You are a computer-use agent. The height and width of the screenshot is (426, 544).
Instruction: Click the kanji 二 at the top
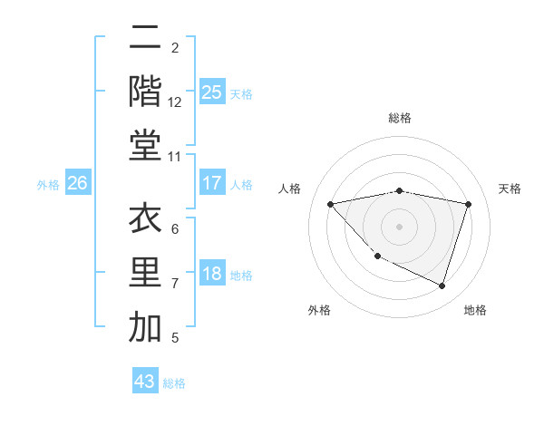[x=145, y=39]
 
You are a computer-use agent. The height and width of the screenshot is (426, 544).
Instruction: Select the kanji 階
[x=145, y=91]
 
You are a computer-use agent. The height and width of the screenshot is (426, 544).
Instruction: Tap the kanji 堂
[x=145, y=144]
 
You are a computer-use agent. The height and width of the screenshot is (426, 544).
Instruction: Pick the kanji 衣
[x=145, y=220]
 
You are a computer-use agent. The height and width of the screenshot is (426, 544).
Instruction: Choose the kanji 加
[x=145, y=326]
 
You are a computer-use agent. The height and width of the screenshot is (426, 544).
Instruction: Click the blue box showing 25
[x=212, y=92]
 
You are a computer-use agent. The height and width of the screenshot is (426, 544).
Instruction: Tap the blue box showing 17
[x=212, y=183]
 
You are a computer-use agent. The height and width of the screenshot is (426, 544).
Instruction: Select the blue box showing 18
[x=212, y=275]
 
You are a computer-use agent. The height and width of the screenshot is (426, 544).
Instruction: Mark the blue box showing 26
[x=78, y=183]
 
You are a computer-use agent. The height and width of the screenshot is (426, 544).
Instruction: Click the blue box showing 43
[x=145, y=382]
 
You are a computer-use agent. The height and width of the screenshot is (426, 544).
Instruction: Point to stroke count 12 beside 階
[x=175, y=102]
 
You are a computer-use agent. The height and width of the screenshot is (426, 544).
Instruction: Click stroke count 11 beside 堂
[x=175, y=157]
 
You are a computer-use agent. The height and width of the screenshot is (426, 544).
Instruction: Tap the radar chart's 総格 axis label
[x=400, y=118]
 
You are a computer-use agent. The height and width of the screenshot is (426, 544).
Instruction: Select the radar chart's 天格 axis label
[x=510, y=189]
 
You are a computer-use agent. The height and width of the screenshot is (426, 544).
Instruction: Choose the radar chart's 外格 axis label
[x=319, y=310]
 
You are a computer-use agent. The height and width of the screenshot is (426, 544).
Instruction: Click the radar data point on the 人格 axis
[x=330, y=204]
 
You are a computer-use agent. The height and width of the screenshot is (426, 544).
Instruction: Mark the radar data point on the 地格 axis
[x=442, y=286]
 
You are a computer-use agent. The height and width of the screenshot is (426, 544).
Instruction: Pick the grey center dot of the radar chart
[x=399, y=226]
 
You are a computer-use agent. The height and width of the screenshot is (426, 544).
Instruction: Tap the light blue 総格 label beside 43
[x=174, y=383]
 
